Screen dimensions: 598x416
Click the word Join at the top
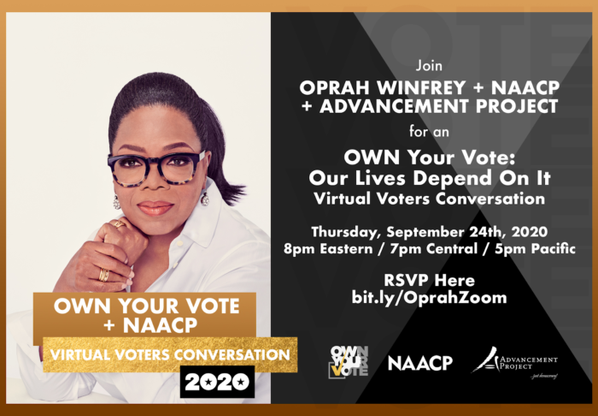[429, 66]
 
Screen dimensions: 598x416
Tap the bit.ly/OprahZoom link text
[429, 298]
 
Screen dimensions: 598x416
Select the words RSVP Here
[429, 281]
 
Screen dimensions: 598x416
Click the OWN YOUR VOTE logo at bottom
[349, 362]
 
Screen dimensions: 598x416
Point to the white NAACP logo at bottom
[420, 363]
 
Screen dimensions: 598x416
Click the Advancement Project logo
[514, 362]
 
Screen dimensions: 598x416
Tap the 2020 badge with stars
[217, 382]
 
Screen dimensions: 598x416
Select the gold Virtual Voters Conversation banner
[170, 355]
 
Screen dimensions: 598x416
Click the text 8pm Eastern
[327, 249]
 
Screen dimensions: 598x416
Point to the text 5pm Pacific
[535, 249]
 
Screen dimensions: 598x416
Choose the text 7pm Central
[434, 249]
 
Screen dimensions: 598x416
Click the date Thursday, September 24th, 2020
[429, 232]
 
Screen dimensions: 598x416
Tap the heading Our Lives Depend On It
[430, 178]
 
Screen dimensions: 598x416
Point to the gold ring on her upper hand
[120, 224]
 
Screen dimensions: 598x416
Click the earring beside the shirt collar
[205, 199]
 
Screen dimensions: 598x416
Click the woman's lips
[155, 208]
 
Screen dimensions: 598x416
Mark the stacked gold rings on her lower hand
[103, 275]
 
